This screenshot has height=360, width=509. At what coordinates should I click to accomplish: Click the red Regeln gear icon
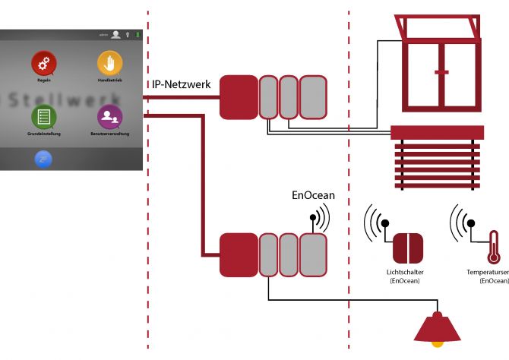pyautogui.click(x=44, y=64)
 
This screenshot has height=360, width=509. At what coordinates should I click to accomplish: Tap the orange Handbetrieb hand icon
pyautogui.click(x=109, y=64)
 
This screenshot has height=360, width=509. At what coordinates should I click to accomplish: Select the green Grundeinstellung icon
pyautogui.click(x=44, y=117)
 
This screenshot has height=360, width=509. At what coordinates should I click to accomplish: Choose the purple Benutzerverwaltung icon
pyautogui.click(x=109, y=117)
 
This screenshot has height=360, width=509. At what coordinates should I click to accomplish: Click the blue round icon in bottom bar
pyautogui.click(x=44, y=159)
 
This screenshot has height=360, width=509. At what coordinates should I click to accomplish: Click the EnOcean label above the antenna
pyautogui.click(x=314, y=195)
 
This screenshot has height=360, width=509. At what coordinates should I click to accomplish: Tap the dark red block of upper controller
pyautogui.click(x=239, y=96)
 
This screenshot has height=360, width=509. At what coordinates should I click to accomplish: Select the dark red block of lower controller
pyautogui.click(x=239, y=255)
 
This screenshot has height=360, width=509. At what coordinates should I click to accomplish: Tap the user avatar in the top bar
pyautogui.click(x=115, y=34)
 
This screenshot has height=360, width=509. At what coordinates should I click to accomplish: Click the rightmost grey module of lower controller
pyautogui.click(x=312, y=255)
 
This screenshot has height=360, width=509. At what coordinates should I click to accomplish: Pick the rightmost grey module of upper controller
pyautogui.click(x=312, y=96)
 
